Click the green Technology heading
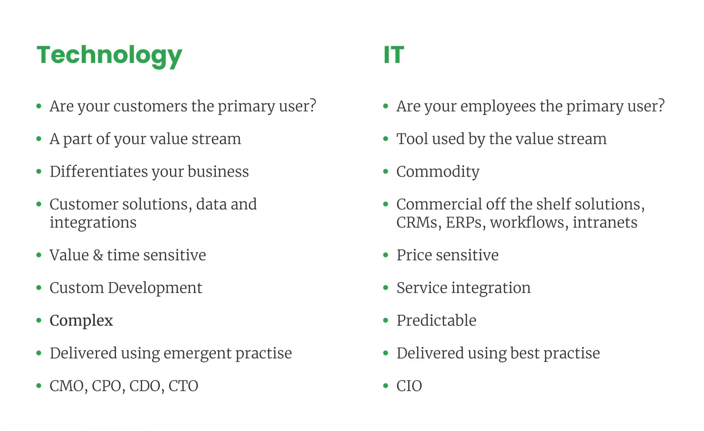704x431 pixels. point(109,56)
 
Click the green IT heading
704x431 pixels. point(394,55)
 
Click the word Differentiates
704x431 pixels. point(99,171)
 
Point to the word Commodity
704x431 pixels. point(438,172)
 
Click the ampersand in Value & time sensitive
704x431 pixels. point(98,255)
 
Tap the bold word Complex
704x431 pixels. point(81,321)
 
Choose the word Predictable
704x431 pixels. point(436,320)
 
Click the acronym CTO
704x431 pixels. point(183,386)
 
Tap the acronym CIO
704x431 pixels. point(409,386)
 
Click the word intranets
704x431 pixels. point(605,222)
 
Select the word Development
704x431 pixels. point(155,288)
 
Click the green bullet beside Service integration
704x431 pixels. point(386,288)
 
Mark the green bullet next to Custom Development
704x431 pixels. point(39,288)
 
